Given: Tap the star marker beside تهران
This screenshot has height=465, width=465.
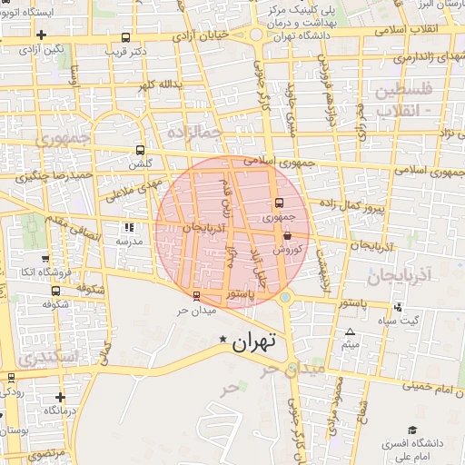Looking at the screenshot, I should [223, 340].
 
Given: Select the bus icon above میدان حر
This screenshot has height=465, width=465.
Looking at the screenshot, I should [198, 295].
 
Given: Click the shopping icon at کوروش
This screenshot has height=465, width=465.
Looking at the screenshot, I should [288, 235].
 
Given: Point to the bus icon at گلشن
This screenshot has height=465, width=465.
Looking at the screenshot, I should [140, 150].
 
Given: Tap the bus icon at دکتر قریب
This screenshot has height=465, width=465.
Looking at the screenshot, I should [125, 38].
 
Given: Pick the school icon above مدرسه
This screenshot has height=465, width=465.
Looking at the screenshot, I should [128, 228].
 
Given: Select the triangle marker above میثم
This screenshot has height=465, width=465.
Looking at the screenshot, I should [351, 332].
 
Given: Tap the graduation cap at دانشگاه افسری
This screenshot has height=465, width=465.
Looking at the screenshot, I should [412, 430].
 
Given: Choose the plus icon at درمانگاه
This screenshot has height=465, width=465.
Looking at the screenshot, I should [60, 397].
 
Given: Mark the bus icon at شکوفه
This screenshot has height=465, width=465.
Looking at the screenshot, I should [56, 292].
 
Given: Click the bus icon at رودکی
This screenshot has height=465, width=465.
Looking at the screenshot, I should [11, 378].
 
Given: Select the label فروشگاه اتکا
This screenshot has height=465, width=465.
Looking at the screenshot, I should [42, 272].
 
